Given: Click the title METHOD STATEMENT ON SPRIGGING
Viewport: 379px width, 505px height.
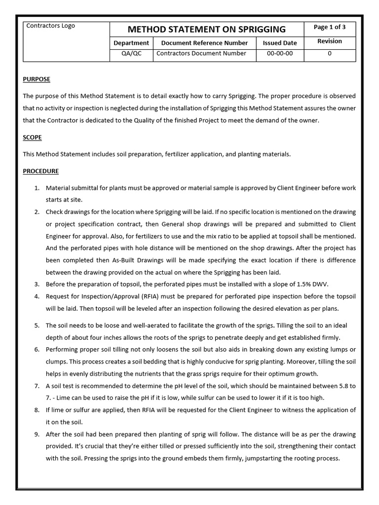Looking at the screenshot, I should click(207, 29).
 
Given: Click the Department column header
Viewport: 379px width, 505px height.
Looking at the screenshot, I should click(131, 43).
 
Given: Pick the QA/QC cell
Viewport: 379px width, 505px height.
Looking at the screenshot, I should click(131, 54).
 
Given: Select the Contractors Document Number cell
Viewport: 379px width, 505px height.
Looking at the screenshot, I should click(201, 54).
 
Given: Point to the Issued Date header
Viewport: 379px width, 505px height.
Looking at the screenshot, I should click(280, 43).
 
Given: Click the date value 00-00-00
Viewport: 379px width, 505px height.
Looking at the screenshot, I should click(280, 54).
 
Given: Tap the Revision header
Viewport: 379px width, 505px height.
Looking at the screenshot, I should click(329, 41).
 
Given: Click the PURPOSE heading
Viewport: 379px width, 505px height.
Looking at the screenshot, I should click(37, 79).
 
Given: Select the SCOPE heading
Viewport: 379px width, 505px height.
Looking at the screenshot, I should click(32, 137).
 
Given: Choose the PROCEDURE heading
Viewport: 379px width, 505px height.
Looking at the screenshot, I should click(40, 171).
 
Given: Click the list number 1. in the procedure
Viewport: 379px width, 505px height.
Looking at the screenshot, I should click(37, 188).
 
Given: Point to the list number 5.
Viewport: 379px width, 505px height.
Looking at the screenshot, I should click(37, 326).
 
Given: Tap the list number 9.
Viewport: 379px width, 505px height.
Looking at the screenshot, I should click(37, 434).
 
